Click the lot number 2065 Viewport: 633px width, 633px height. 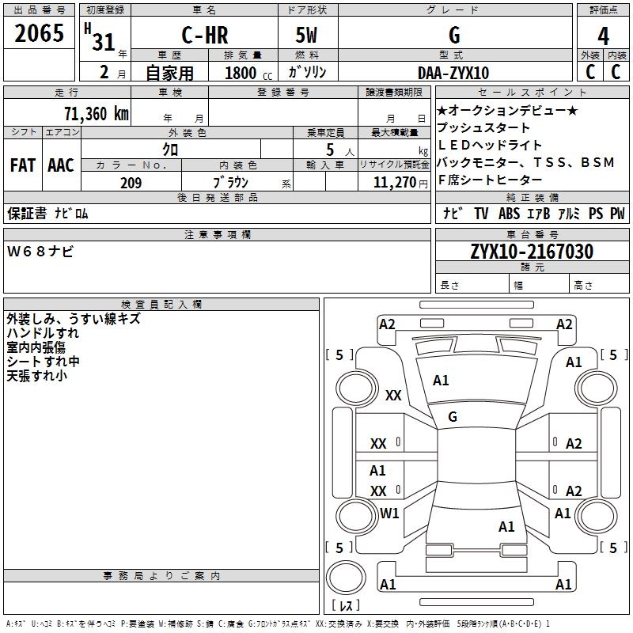click(40, 33)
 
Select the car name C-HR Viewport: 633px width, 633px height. click(203, 36)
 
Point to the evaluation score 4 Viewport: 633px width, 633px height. click(604, 36)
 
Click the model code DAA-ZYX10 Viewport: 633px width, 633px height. click(453, 73)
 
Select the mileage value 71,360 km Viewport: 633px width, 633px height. click(96, 113)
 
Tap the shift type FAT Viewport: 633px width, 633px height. click(22, 165)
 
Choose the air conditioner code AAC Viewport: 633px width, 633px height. click(61, 165)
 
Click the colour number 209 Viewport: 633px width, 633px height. click(131, 183)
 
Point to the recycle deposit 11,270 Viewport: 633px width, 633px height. click(396, 183)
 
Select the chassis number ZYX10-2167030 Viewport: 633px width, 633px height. click(532, 252)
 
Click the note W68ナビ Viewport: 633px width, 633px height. click(40, 252)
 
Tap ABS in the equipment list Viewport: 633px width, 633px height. click(510, 214)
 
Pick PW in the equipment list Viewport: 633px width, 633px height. click(617, 214)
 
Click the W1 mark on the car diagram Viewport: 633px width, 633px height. click(389, 514)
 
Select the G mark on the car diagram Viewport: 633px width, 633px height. click(453, 417)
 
